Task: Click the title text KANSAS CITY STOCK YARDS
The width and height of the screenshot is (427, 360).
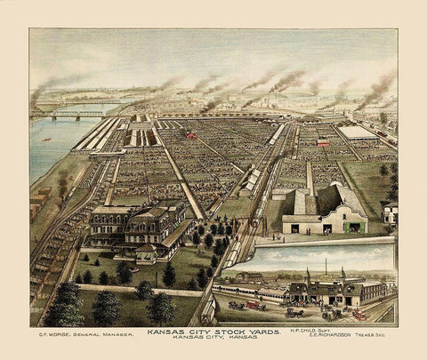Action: pyautogui.click(x=213, y=332)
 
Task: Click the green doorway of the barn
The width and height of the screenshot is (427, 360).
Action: pyautogui.click(x=354, y=228)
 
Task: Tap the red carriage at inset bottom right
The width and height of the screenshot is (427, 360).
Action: pyautogui.click(x=359, y=314)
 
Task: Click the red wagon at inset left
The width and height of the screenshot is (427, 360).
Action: pyautogui.click(x=252, y=305)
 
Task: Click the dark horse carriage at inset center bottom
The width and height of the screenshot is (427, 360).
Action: pyautogui.click(x=294, y=312)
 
